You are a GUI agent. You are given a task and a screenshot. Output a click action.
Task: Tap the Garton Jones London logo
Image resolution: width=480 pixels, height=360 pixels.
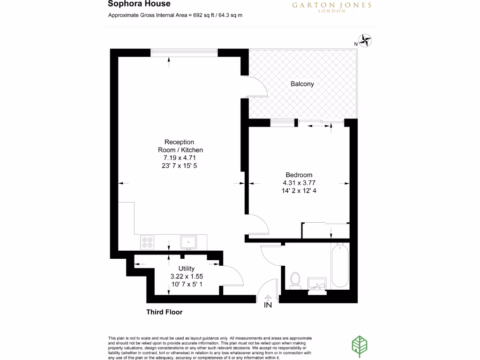click(331, 7)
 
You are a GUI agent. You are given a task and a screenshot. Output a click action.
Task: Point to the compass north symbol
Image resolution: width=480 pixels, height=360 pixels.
click(366, 41)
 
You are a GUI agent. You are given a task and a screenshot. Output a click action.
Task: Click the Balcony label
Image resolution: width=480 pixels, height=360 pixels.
click(302, 84)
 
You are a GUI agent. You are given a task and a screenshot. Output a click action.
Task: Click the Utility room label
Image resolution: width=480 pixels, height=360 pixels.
click(187, 269)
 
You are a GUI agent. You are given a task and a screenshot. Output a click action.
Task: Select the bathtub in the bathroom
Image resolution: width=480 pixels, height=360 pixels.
click(340, 266)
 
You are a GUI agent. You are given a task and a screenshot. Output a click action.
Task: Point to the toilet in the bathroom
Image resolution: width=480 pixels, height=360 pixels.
click(295, 279)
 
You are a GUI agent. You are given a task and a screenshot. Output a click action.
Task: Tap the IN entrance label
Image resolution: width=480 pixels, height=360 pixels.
click(268, 306)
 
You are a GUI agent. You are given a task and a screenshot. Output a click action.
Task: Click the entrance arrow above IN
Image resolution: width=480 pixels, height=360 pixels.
click(268, 297)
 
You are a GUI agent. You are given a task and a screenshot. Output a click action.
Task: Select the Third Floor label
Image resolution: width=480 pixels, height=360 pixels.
click(164, 312)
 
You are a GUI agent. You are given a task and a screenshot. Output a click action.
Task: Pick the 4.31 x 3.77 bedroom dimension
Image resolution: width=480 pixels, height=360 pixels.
click(299, 183)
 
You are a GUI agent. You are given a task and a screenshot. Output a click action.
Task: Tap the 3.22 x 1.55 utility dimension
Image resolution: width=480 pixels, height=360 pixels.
click(187, 277)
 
